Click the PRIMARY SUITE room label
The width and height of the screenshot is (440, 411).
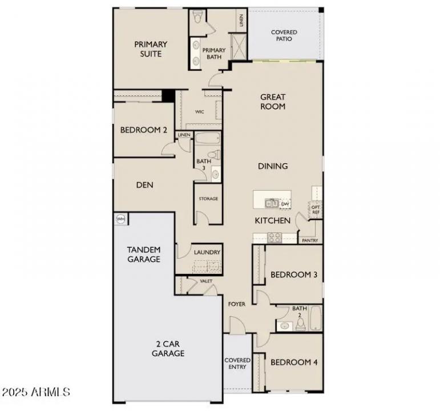pos(151,49)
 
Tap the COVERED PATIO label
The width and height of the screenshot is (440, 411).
pos(284,35)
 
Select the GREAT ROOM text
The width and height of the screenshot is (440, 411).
pos(273,102)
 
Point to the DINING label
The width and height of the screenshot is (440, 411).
pos(273,166)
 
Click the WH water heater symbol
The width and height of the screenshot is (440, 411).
pos(121,219)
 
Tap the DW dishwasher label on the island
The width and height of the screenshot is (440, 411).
pos(285,203)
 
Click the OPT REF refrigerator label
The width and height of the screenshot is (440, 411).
pos(315,209)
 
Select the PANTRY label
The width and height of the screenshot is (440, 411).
pos(310,240)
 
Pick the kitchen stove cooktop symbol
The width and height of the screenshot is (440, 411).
pos(275,237)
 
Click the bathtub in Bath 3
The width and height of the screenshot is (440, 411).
pos(208,138)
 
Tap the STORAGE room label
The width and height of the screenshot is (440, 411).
pos(208,199)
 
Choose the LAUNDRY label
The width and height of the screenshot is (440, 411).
pos(207,252)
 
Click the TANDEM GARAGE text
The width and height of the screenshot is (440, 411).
pos(143,255)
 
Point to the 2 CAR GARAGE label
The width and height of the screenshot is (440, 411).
pos(168,349)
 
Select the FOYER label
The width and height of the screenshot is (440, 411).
pos(237,304)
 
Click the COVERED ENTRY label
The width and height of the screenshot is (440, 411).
pos(237,364)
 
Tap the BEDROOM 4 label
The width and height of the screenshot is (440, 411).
pos(294,362)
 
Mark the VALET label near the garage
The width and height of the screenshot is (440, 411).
pos(206,281)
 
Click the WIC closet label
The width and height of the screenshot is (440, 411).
pos(200,112)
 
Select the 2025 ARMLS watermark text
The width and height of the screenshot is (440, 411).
pos(35,392)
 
